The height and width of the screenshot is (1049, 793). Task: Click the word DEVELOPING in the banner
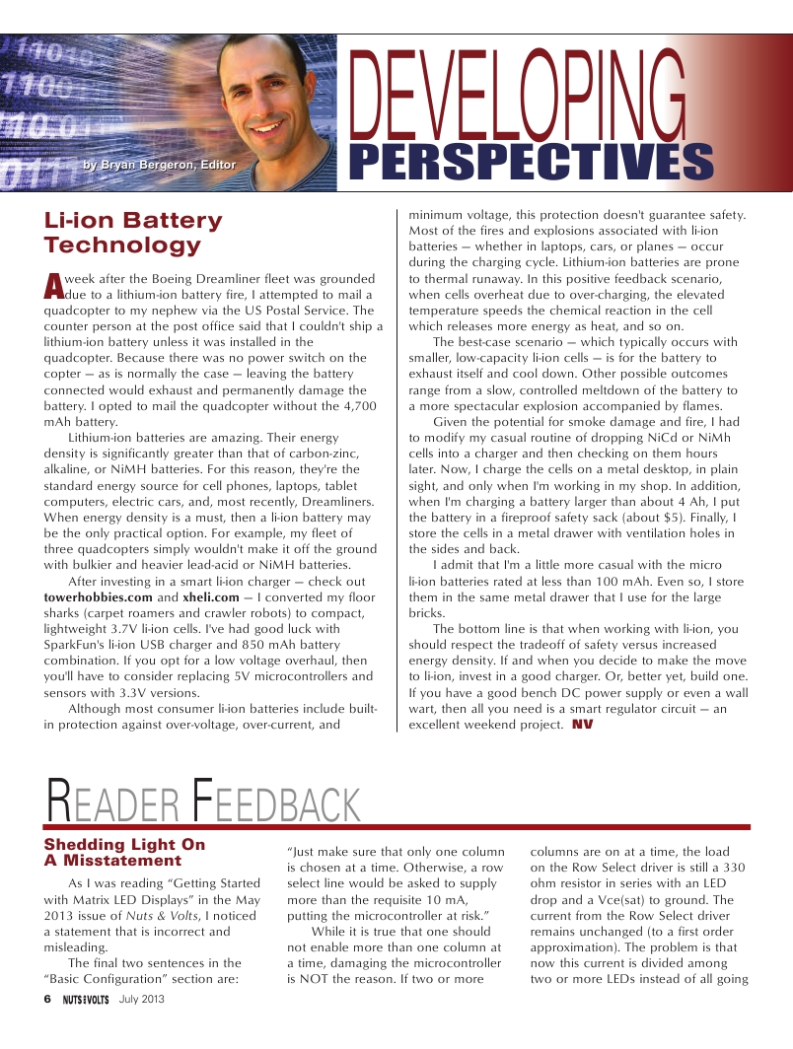(518, 99)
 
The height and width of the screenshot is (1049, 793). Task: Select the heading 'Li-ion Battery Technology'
(133, 233)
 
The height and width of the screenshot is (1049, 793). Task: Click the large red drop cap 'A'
(53, 285)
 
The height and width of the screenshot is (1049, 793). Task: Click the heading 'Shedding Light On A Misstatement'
(125, 853)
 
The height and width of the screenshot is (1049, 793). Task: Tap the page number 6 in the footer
(46, 999)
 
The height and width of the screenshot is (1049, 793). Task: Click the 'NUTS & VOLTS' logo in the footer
(85, 999)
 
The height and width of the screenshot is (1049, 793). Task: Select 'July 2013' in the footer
(141, 999)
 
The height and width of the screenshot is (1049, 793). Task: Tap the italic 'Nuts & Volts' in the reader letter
(165, 916)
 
